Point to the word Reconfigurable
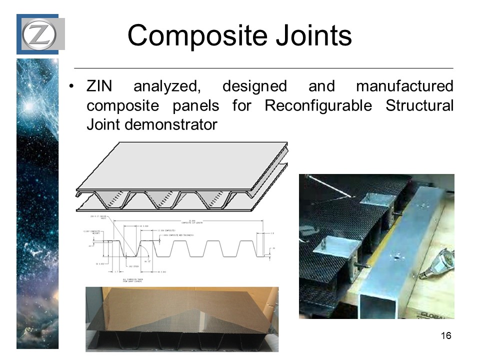pyautogui.click(x=318, y=105)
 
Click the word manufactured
pyautogui.click(x=404, y=86)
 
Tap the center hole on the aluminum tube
pyautogui.click(x=396, y=258)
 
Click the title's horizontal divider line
pyautogui.click(x=263, y=67)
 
